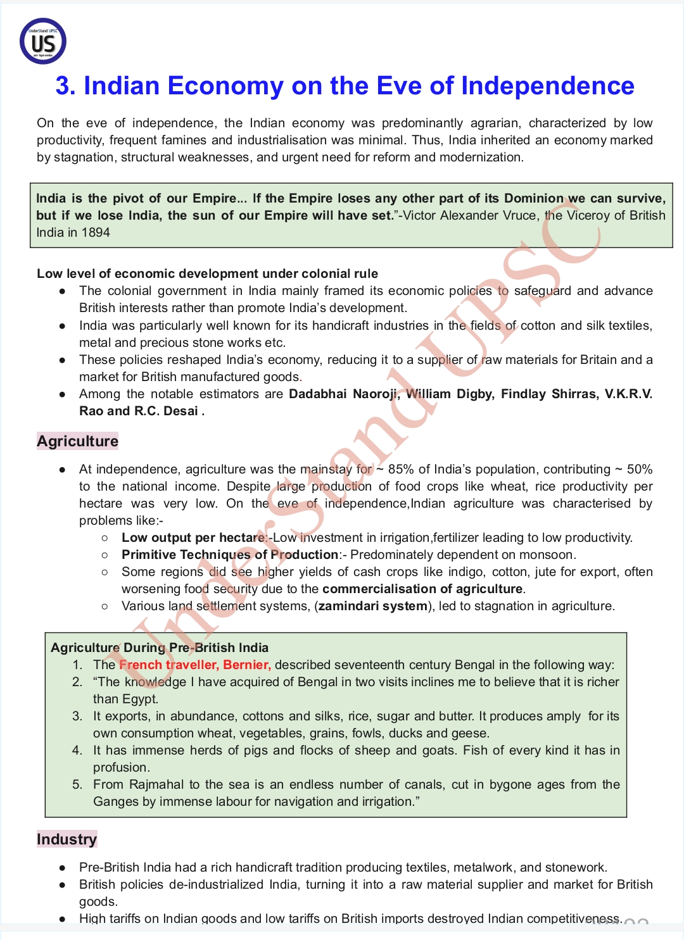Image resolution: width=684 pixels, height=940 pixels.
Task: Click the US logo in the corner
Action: pos(43,42)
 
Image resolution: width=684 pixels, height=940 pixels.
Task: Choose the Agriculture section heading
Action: pos(77,441)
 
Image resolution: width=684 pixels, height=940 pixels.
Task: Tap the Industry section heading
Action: pos(66,839)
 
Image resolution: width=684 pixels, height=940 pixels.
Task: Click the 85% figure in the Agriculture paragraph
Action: pos(401,470)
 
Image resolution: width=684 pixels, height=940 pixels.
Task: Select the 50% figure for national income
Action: pos(640,470)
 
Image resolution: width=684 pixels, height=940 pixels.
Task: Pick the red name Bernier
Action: pos(247,665)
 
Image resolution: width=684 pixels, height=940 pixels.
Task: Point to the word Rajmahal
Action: pos(156,785)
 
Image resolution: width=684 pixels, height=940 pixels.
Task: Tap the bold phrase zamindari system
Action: pos(372,606)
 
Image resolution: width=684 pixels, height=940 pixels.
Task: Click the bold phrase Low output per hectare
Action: pos(194,538)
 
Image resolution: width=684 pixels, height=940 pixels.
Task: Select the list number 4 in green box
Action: pos(77,751)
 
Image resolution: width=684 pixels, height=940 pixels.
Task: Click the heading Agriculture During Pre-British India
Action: pos(160,648)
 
